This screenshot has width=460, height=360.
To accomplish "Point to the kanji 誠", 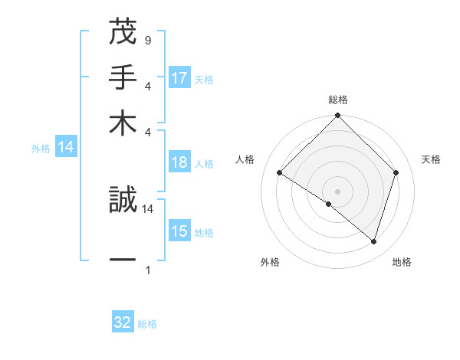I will click(123, 200).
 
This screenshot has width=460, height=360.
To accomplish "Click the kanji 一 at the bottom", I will click(123, 260).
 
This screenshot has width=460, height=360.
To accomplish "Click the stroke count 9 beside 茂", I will click(147, 40).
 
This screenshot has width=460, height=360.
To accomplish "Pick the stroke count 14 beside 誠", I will click(148, 208).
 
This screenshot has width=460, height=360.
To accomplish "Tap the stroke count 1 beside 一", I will click(147, 270).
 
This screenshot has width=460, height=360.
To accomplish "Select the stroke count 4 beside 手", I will click(147, 86).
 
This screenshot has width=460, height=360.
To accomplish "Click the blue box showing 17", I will click(179, 78).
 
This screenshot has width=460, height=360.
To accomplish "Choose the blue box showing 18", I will click(179, 162).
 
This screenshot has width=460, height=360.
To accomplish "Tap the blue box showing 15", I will click(179, 231).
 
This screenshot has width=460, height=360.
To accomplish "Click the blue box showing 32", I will click(123, 322).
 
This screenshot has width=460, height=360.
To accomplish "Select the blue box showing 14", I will click(66, 147).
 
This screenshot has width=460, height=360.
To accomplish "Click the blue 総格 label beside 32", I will click(147, 324).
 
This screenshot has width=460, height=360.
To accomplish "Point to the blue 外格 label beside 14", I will click(40, 149).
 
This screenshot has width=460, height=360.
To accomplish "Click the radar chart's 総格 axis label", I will click(337, 100).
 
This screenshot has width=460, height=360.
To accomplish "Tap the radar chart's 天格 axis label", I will click(431, 159).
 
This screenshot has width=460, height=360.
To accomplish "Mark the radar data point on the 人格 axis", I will click(280, 173).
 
